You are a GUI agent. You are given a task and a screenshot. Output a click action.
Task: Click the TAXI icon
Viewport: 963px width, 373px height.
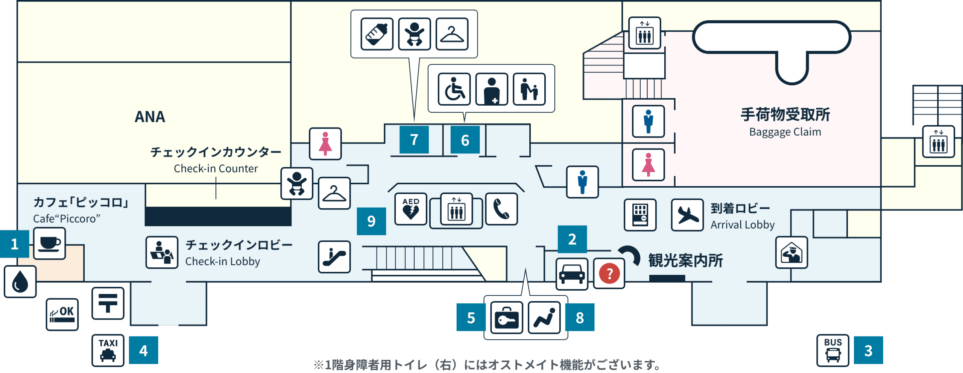(108, 350)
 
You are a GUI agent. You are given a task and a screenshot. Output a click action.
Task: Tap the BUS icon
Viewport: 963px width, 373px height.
(832, 350)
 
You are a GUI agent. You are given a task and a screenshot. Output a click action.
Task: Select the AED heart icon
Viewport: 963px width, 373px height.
(411, 209)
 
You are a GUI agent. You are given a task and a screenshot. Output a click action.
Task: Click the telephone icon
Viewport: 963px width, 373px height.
(501, 209)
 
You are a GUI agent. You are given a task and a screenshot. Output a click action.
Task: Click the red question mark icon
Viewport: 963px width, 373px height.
(609, 273)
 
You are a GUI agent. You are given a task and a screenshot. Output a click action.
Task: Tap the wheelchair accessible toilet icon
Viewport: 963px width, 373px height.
(454, 89)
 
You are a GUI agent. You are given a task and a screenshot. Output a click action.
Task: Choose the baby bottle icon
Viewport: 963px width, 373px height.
(377, 34)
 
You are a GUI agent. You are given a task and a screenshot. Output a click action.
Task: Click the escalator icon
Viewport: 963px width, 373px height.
(334, 257)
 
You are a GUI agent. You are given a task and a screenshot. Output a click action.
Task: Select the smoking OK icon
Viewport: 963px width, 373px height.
(62, 314)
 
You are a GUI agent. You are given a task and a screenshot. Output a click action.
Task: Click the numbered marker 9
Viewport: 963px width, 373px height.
(371, 221)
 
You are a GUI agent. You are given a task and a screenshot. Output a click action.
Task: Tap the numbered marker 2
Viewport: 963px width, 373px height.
(572, 239)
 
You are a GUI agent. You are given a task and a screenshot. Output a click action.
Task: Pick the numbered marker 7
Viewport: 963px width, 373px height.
(414, 139)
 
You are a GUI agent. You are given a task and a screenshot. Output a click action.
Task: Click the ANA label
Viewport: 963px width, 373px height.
(150, 117)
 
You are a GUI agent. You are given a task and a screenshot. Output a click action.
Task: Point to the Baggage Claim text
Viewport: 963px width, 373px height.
(785, 132)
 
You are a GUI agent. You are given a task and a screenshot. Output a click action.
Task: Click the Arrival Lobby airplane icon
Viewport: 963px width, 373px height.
(687, 215)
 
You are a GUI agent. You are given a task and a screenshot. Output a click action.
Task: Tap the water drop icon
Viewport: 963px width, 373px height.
(20, 282)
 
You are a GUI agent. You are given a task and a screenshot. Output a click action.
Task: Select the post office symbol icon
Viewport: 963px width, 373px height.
(108, 303)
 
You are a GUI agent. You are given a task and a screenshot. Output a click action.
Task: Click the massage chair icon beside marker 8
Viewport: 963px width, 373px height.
(544, 318)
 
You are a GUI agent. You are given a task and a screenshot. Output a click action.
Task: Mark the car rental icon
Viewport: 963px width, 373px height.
(572, 274)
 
